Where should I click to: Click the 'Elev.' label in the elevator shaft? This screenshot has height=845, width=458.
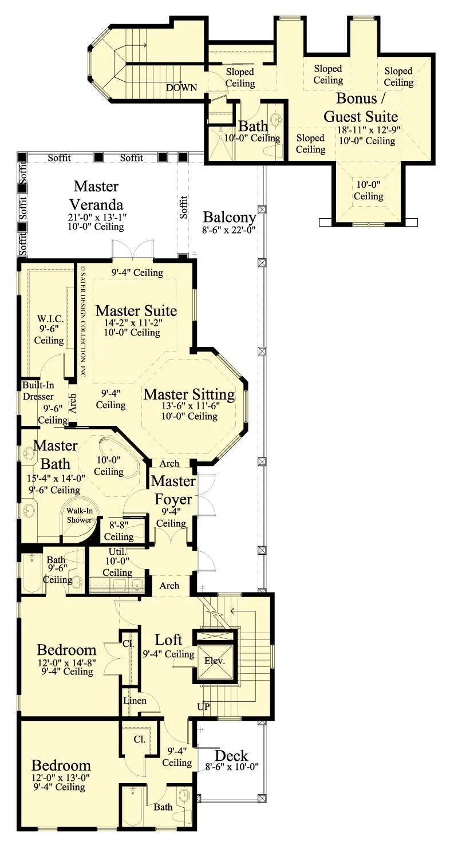(x=214, y=661)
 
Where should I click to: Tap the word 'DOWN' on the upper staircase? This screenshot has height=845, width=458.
(x=181, y=88)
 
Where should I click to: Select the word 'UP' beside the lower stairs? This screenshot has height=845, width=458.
(x=204, y=706)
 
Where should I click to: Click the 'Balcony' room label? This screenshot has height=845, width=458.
(x=230, y=217)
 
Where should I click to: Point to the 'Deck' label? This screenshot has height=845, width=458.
(x=232, y=756)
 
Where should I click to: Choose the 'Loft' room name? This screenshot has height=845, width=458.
(x=169, y=639)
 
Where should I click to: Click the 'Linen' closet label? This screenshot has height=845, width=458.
(x=135, y=701)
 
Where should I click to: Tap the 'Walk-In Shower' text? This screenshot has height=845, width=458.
(x=79, y=515)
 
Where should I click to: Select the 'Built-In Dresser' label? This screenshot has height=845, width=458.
(x=38, y=391)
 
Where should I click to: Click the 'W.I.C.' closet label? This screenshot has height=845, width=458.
(x=50, y=319)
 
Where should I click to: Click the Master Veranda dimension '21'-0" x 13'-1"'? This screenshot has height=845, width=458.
(x=97, y=217)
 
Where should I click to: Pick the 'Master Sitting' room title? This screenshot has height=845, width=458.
(x=189, y=394)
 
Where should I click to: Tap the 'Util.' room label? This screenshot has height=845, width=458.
(x=118, y=551)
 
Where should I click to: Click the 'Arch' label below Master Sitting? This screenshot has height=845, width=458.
(x=169, y=463)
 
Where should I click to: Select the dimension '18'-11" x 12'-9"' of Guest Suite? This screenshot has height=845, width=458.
(x=369, y=130)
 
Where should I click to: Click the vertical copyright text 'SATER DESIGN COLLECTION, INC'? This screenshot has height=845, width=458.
(x=83, y=321)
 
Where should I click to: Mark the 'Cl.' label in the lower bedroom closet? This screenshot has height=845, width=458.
(x=139, y=739)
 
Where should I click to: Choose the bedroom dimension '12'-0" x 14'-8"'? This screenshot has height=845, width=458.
(x=67, y=662)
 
